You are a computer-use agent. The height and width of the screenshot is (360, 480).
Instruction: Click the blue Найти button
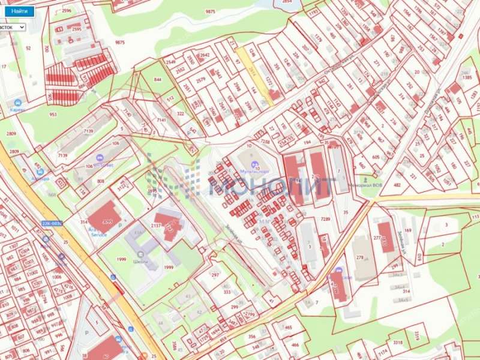(19, 11)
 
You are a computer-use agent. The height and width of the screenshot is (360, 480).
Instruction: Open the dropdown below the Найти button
(13, 27)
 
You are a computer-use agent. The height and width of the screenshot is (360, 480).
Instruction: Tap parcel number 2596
(66, 11)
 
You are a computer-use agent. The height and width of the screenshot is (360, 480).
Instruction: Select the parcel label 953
(53, 114)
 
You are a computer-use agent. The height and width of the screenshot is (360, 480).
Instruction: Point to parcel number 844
(158, 80)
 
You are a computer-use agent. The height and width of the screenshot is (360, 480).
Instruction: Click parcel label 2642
(205, 55)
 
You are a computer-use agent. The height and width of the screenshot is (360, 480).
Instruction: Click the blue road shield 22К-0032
(52, 223)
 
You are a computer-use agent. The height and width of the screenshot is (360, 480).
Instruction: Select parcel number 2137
(156, 225)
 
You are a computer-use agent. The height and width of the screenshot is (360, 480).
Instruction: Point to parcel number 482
(397, 185)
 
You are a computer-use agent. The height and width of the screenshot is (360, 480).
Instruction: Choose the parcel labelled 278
(360, 257)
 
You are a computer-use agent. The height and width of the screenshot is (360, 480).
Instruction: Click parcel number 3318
(398, 342)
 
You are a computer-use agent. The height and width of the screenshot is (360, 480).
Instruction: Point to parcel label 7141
(161, 121)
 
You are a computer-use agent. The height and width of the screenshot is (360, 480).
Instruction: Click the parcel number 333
(227, 292)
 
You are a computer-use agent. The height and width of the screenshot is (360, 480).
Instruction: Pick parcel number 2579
(201, 79)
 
